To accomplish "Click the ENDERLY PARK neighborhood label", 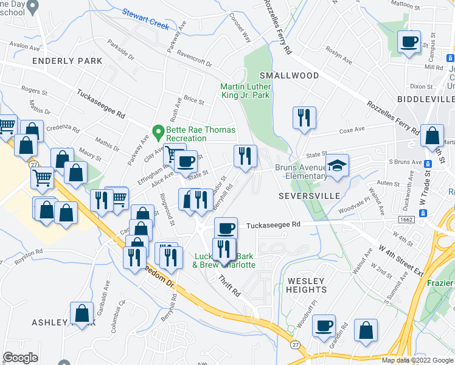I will click(x=67, y=61).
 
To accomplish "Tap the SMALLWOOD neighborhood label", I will click(x=289, y=75).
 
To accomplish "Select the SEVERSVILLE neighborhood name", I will click(x=307, y=196).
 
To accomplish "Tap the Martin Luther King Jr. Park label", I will click(x=245, y=91).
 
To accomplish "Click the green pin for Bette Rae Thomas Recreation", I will click(x=158, y=130).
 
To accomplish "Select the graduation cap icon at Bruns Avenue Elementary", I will click(x=335, y=165).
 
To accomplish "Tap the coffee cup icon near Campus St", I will click(x=409, y=42).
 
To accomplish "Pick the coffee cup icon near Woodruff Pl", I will click(x=324, y=325).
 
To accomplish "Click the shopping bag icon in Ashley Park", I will click(x=82, y=313).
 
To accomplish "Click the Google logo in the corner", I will click(x=21, y=358).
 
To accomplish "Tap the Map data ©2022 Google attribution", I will click(x=417, y=360).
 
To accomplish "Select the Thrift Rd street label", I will click(x=229, y=285).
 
